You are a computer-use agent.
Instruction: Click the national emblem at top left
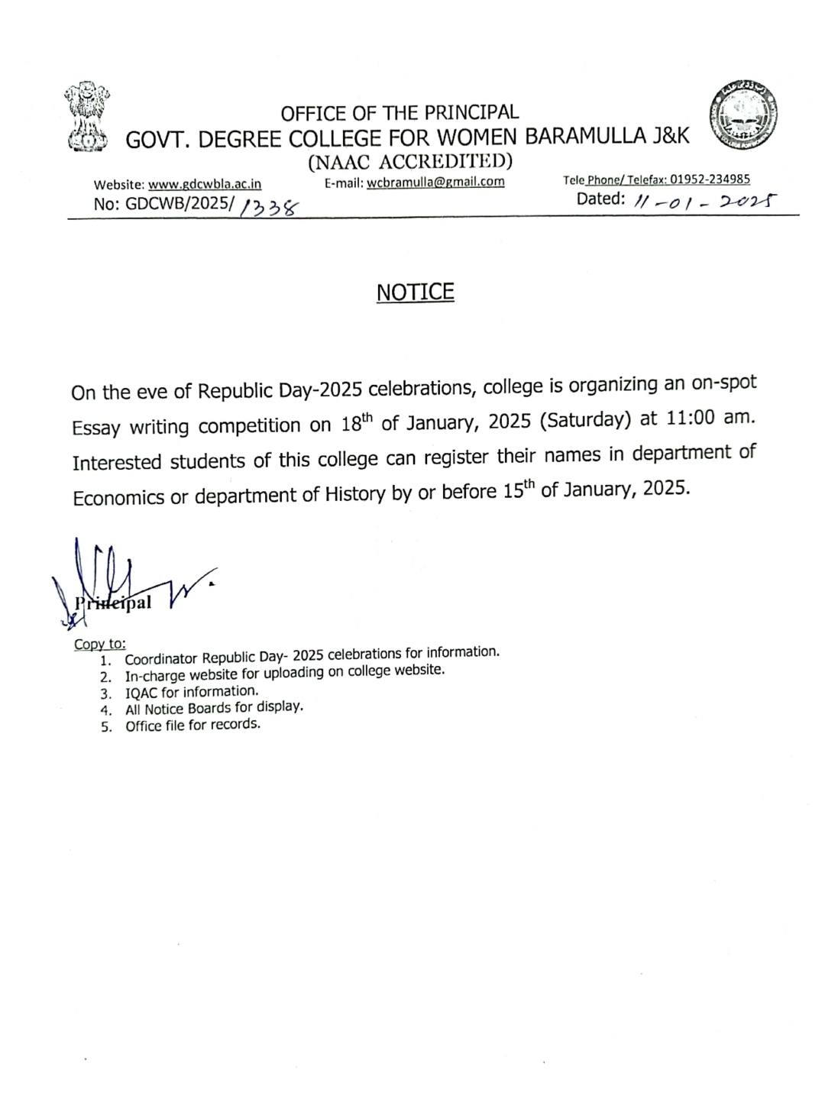tap(86, 115)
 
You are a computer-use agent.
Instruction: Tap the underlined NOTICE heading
tap(415, 292)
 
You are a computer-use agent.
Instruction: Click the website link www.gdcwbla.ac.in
tap(205, 184)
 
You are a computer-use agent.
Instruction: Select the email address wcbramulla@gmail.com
tap(435, 182)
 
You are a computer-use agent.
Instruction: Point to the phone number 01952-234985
tap(710, 179)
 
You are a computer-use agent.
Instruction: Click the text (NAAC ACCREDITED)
tap(409, 161)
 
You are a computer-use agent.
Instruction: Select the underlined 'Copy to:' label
tap(99, 644)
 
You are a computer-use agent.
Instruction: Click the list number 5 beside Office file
tap(106, 727)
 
